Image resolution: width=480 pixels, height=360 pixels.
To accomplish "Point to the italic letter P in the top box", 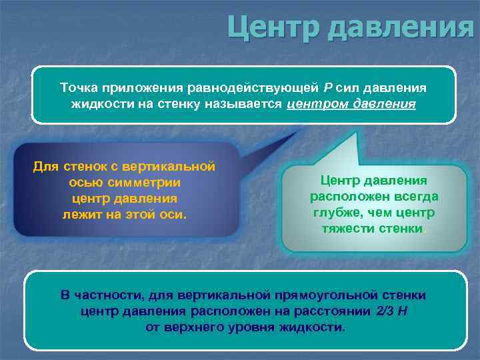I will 327,88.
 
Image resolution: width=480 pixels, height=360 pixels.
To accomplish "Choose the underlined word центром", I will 317,105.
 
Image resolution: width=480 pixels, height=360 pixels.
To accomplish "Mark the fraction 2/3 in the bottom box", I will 385,311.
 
